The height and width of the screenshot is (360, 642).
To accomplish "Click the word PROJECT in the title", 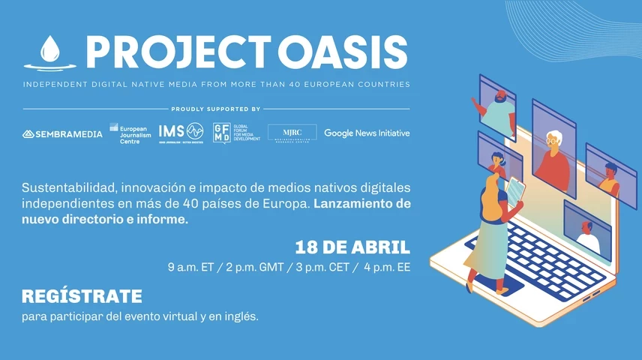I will click(177, 52).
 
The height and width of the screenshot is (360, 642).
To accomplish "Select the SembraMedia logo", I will click(62, 134).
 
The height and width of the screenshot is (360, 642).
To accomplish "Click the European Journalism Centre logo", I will click(128, 133).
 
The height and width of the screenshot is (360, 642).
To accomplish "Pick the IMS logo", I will click(181, 132).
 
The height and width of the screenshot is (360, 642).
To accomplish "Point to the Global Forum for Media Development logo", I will click(236, 133).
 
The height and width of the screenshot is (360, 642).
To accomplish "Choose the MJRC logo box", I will click(292, 133).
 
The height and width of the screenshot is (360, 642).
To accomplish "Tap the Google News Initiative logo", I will click(367, 133).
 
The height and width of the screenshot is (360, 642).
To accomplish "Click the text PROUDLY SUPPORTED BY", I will click(216, 109).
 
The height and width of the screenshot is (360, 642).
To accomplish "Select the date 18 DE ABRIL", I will click(352, 247).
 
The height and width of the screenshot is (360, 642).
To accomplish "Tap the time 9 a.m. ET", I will click(193, 268).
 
